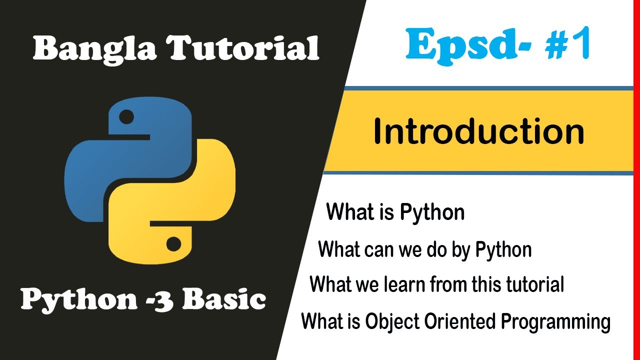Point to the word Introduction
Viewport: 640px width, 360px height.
[478, 132]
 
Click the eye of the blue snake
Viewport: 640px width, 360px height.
[127, 118]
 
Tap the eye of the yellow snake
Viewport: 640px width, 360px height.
[173, 244]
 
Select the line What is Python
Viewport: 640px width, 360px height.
[395, 212]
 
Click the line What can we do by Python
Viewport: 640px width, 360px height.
[424, 249]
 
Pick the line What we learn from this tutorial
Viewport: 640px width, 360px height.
[436, 284]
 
